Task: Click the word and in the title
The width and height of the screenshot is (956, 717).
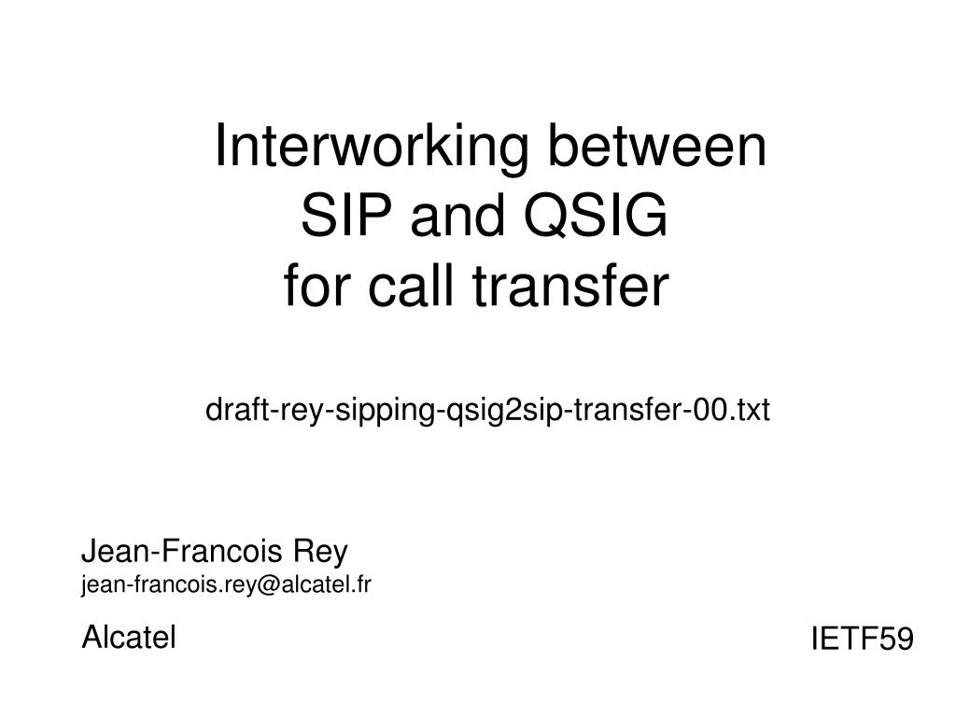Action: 457,216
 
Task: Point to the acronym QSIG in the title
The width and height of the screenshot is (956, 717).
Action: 596,216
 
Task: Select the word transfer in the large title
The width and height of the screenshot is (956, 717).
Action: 571,286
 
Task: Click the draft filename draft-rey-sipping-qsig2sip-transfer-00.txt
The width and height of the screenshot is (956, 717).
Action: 487,411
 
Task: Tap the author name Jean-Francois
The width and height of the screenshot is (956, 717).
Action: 182,551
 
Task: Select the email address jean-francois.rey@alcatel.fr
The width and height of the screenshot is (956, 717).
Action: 226,585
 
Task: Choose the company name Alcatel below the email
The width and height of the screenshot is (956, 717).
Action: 129,637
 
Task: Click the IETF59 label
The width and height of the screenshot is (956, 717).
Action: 862,639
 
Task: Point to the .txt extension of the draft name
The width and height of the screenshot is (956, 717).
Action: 750,411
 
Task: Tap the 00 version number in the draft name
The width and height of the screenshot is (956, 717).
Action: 710,411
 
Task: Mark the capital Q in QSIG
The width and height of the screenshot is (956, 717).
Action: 545,217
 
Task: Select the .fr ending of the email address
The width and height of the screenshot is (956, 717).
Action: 360,585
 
